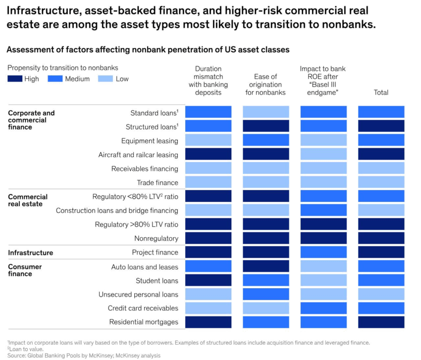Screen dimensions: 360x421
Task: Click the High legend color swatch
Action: tap(15, 79)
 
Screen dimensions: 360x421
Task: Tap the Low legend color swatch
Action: tap(105, 79)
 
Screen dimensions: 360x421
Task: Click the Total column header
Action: tap(381, 92)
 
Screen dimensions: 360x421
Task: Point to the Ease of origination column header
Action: tap(265, 84)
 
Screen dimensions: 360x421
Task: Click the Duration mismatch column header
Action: tap(208, 80)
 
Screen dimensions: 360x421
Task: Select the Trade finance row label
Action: tap(158, 182)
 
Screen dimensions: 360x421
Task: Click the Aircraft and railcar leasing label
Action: tap(138, 155)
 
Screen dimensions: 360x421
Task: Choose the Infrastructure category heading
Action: tap(30, 253)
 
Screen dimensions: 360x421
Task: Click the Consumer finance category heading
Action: tap(25, 270)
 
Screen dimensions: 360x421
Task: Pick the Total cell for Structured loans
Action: tap(381, 126)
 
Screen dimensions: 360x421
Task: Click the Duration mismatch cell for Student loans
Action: tap(208, 281)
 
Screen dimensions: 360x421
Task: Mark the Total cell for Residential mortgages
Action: tap(381, 322)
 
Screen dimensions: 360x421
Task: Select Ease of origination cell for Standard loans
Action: tap(265, 112)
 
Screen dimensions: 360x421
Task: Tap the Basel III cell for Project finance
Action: tap(323, 252)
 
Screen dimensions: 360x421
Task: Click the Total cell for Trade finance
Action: tap(381, 182)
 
